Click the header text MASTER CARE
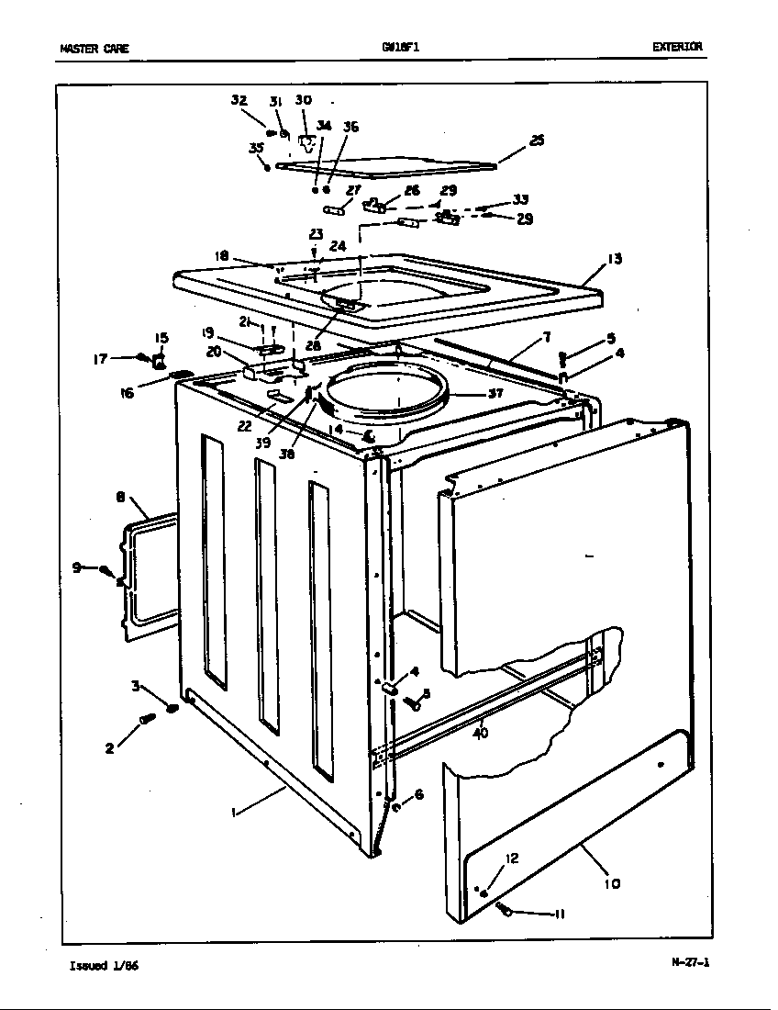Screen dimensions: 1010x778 click(x=94, y=49)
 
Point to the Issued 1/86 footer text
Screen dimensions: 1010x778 click(x=105, y=965)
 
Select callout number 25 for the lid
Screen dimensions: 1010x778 click(x=537, y=140)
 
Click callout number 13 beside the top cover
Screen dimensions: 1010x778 click(x=614, y=260)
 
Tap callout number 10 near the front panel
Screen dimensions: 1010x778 click(x=612, y=883)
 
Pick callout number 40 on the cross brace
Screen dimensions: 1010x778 click(x=480, y=733)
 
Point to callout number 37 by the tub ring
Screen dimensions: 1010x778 click(x=495, y=393)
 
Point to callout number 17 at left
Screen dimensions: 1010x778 click(x=99, y=359)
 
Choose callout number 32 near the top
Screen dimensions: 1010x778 click(x=239, y=100)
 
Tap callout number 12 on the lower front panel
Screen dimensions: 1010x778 click(x=512, y=858)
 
